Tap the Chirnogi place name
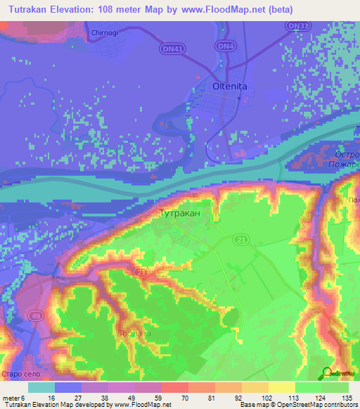coord(107,33)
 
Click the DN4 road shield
coord(225,46)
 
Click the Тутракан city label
coord(181,212)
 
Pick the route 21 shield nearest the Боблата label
coord(141,272)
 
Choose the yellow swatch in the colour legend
coord(281,387)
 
